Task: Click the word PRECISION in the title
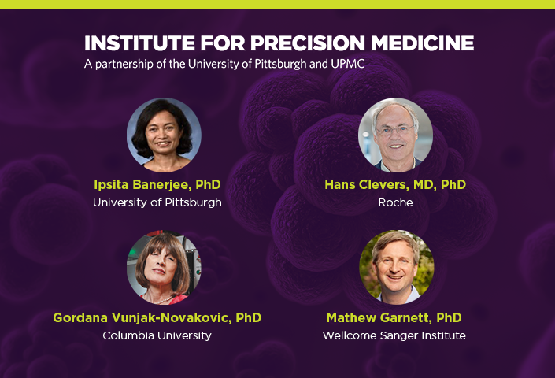pyautogui.click(x=308, y=43)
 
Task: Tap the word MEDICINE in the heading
pyautogui.click(x=422, y=43)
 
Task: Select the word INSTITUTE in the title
pyautogui.click(x=139, y=43)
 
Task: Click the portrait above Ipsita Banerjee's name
pyautogui.click(x=164, y=135)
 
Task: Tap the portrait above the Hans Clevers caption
pyautogui.click(x=395, y=135)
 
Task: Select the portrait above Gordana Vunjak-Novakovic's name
pyautogui.click(x=164, y=268)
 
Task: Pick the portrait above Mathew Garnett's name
pyautogui.click(x=397, y=268)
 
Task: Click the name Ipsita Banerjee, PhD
pyautogui.click(x=157, y=185)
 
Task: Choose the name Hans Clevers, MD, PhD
pyautogui.click(x=395, y=185)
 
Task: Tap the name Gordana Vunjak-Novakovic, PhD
pyautogui.click(x=157, y=318)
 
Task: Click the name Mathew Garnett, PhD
pyautogui.click(x=394, y=318)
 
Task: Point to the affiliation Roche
pyautogui.click(x=395, y=202)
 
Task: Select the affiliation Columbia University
pyautogui.click(x=157, y=335)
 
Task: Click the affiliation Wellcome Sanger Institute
pyautogui.click(x=394, y=335)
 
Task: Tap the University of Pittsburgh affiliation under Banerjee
pyautogui.click(x=157, y=203)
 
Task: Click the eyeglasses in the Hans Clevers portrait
pyautogui.click(x=395, y=131)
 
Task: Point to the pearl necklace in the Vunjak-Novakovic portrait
pyautogui.click(x=163, y=301)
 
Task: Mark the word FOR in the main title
pyautogui.click(x=223, y=43)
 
